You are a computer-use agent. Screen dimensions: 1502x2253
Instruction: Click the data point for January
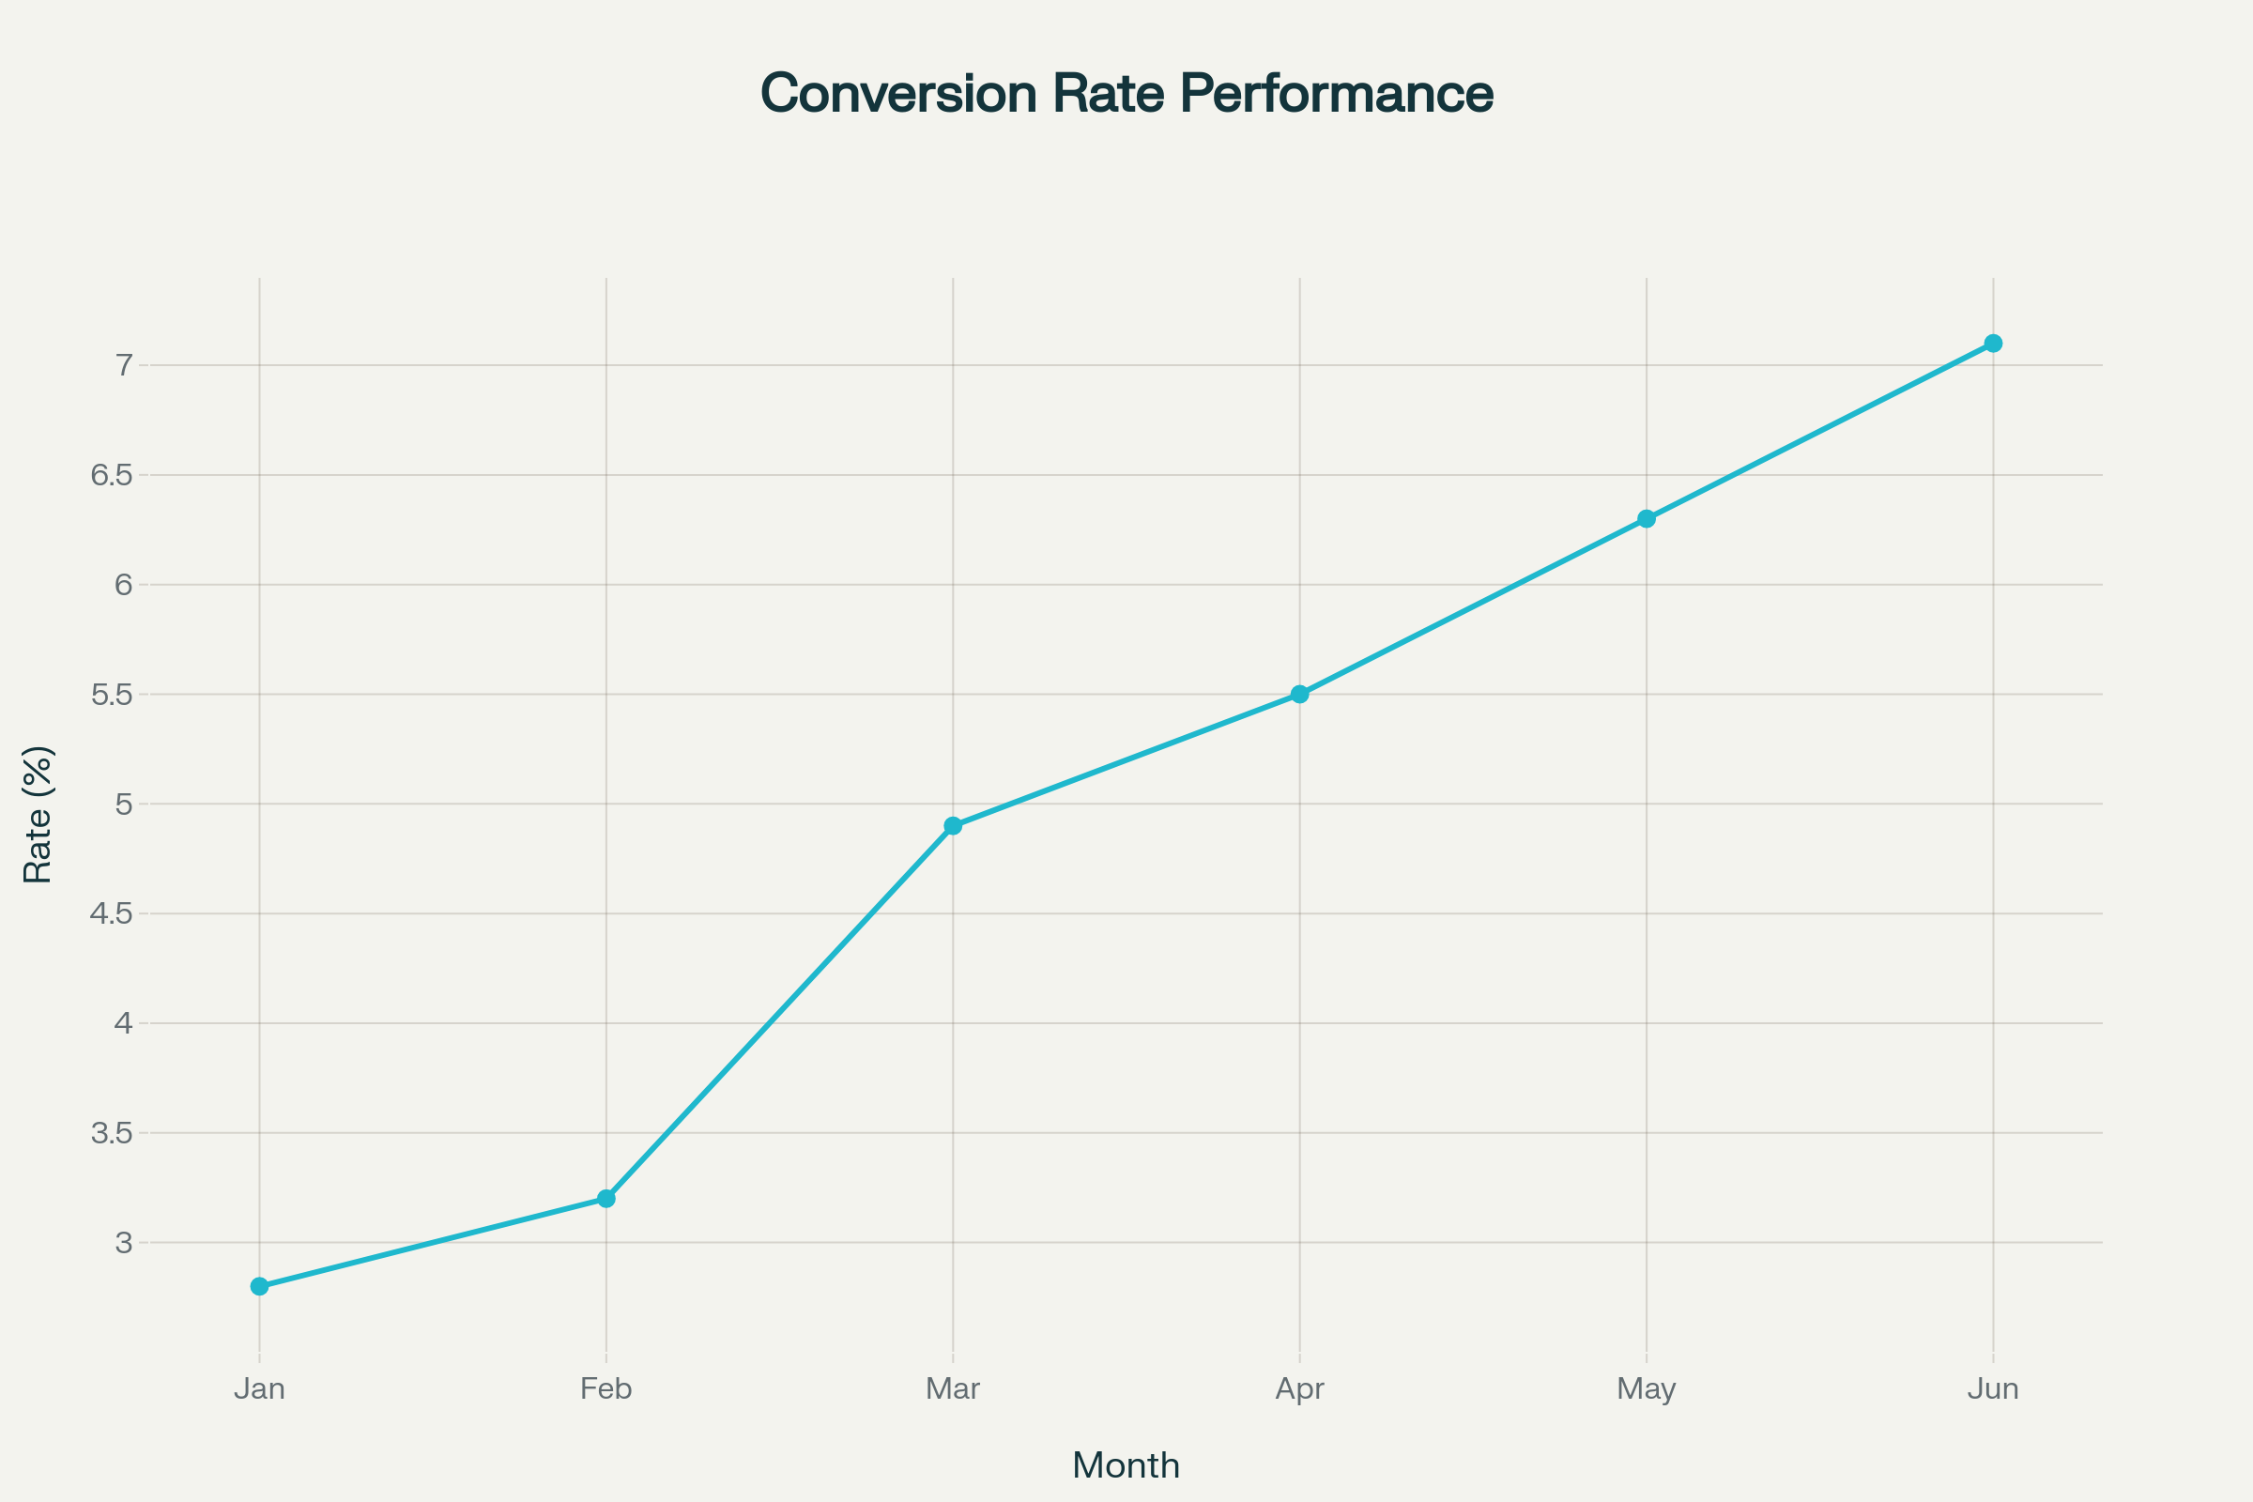[260, 1286]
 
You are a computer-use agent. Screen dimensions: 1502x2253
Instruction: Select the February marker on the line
[606, 1199]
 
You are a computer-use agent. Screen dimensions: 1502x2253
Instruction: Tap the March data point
[953, 826]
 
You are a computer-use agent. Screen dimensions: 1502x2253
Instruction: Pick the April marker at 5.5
[1300, 694]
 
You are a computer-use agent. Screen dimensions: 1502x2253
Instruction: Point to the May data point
[1647, 518]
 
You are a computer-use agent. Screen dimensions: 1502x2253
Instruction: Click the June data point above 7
[1993, 343]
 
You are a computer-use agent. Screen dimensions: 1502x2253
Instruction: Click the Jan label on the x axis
[260, 1389]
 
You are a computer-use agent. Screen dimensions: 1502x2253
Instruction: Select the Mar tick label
[953, 1389]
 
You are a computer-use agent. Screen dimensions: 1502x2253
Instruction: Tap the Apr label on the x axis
[1300, 1389]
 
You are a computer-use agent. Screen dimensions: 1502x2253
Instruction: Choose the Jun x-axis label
[1993, 1389]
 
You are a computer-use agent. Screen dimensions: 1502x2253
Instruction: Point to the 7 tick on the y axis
[124, 365]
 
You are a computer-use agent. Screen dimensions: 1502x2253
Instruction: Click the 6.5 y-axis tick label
[111, 475]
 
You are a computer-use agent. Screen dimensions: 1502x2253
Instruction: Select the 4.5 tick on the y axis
[111, 913]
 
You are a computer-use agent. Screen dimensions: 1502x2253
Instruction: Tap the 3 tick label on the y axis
[124, 1242]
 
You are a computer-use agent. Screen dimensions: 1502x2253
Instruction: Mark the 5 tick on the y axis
[124, 804]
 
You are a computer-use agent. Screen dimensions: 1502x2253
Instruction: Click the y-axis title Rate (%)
[38, 814]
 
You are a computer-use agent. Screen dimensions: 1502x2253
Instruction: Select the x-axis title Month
[1126, 1465]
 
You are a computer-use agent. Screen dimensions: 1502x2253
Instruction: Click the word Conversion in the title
[898, 94]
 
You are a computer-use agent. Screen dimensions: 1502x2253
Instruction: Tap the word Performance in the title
[1336, 94]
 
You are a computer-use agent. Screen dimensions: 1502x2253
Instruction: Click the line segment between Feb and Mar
[780, 1012]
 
